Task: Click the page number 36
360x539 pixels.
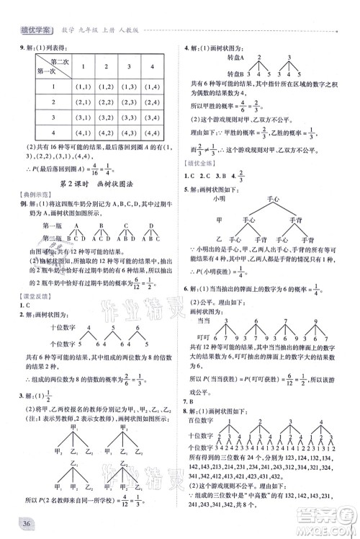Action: (x=28, y=523)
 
